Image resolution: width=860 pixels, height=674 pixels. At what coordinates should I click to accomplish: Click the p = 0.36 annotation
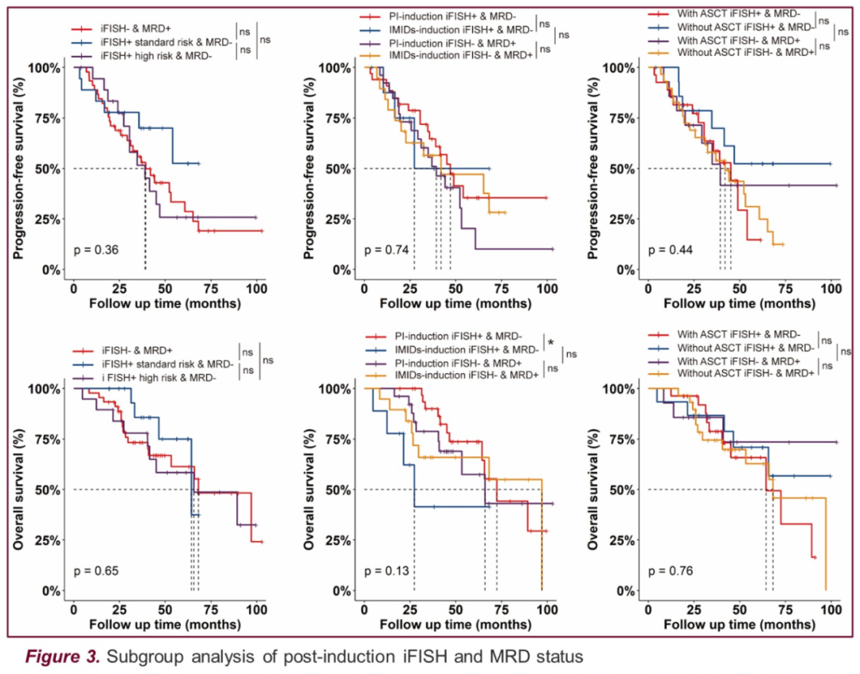pyautogui.click(x=96, y=250)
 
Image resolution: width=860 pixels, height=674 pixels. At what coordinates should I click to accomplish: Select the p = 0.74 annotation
pyautogui.click(x=386, y=250)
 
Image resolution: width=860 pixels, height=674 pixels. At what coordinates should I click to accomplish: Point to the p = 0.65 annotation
pyautogui.click(x=96, y=571)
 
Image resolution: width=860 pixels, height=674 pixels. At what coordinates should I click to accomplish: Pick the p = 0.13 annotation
pyautogui.click(x=386, y=571)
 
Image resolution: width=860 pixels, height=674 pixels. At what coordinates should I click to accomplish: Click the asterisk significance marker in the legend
pyautogui.click(x=550, y=341)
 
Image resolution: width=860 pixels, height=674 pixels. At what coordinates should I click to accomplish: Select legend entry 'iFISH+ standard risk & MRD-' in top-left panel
pyautogui.click(x=166, y=41)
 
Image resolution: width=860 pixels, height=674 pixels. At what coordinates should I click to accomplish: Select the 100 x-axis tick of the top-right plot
pyautogui.click(x=831, y=286)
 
